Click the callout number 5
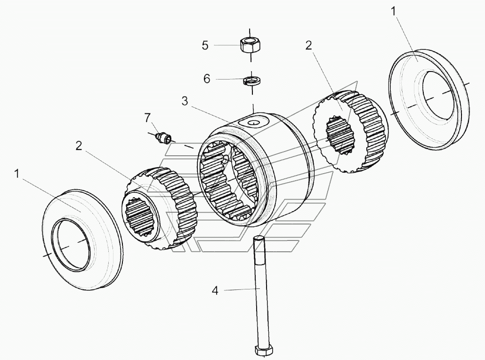(205, 45)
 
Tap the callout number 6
(207, 79)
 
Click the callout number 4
(215, 290)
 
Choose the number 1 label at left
(17, 174)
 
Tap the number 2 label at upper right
(308, 46)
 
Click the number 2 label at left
(79, 145)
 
